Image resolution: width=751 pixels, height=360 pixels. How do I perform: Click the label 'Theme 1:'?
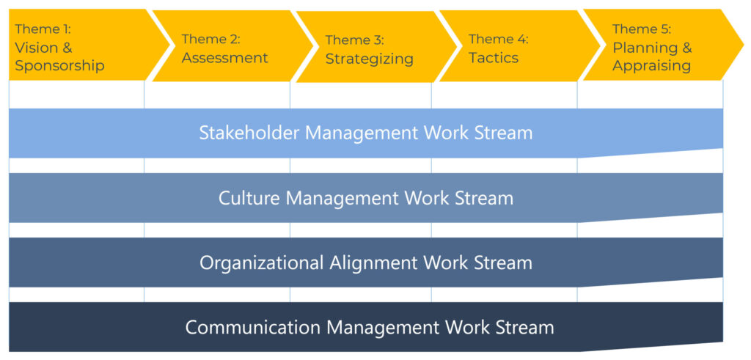pyautogui.click(x=43, y=29)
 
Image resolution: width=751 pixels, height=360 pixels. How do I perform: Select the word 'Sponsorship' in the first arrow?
pyautogui.click(x=60, y=65)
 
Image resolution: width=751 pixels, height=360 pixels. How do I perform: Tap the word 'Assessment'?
pyautogui.click(x=224, y=58)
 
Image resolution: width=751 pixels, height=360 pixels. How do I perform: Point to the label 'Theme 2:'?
pyautogui.click(x=210, y=40)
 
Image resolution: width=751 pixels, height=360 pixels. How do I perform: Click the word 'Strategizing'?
pyautogui.click(x=370, y=59)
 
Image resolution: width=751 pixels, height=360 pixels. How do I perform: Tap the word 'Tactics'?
pyautogui.click(x=494, y=57)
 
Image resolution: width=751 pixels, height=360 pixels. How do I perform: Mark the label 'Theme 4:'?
pyautogui.click(x=499, y=39)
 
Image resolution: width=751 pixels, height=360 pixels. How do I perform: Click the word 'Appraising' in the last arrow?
pyautogui.click(x=652, y=66)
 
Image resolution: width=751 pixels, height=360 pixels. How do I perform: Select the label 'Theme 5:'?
pyautogui.click(x=642, y=29)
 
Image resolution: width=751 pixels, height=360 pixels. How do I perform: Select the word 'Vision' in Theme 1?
pyautogui.click(x=37, y=48)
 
